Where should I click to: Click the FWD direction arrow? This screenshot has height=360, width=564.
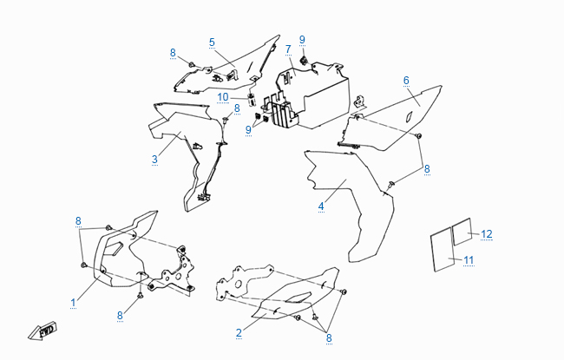coord(43,331)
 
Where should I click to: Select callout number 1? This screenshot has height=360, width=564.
coord(74,303)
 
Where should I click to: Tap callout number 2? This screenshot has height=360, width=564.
coord(239,333)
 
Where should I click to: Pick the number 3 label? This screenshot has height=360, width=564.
coord(154,160)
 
